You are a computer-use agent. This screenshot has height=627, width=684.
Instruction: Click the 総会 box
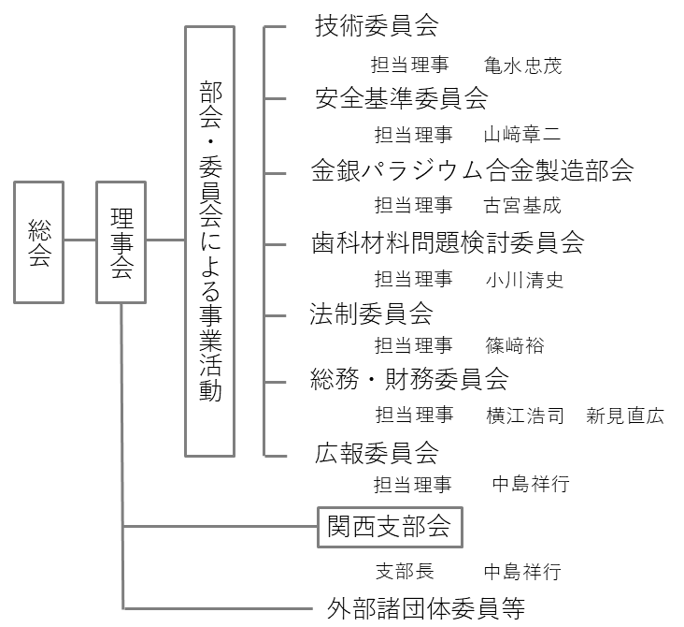tap(39, 241)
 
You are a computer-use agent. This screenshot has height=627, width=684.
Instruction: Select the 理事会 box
tap(121, 242)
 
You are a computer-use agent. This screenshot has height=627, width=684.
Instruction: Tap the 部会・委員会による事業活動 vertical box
tap(210, 241)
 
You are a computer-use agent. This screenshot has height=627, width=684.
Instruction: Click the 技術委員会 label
tap(377, 26)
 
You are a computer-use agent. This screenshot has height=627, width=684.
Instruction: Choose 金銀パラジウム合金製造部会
tap(472, 170)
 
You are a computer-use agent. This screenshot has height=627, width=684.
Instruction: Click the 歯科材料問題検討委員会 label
tap(448, 243)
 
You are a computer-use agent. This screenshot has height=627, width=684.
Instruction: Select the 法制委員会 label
tap(371, 312)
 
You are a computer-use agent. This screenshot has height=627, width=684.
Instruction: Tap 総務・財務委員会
tap(409, 379)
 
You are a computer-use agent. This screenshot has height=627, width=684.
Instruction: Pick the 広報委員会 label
tap(377, 453)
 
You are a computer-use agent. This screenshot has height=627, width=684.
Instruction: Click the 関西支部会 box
tap(389, 527)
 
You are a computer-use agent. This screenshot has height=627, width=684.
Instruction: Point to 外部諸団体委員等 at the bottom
tap(426, 607)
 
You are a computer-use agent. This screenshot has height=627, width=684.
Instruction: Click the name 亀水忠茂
tap(523, 66)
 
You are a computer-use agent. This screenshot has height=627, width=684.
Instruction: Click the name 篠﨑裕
tap(514, 346)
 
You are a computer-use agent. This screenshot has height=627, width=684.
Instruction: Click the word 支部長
tap(404, 571)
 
